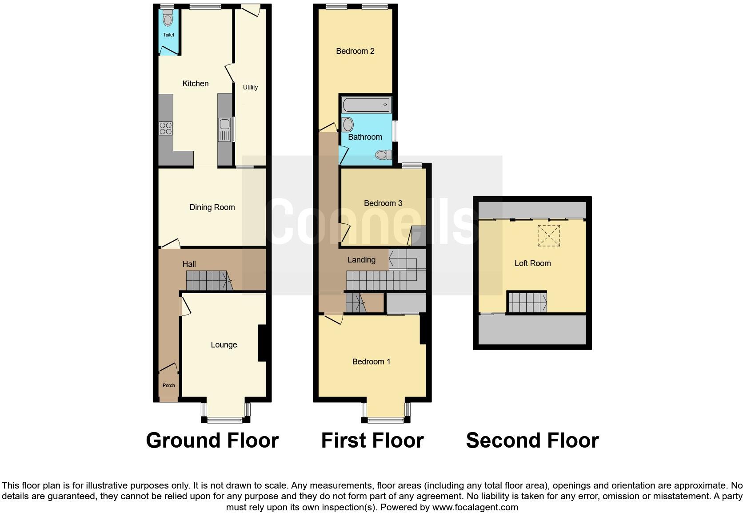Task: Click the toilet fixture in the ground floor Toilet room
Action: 168,19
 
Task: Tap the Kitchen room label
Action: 196,84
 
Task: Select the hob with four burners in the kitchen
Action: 165,129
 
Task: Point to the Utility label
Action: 250,87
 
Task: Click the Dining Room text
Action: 212,207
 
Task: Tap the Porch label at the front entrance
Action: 168,385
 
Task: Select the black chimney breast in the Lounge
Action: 262,343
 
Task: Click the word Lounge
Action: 224,345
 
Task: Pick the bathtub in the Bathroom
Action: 366,105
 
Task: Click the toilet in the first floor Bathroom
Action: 383,155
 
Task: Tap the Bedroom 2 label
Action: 355,51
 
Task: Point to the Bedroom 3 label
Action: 383,203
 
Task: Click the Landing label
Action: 361,260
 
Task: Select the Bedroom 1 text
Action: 371,362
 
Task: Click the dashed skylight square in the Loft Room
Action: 548,235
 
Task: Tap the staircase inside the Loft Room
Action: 527,303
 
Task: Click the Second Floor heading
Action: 532,440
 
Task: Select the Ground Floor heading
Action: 212,440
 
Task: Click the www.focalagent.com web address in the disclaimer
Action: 475,507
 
